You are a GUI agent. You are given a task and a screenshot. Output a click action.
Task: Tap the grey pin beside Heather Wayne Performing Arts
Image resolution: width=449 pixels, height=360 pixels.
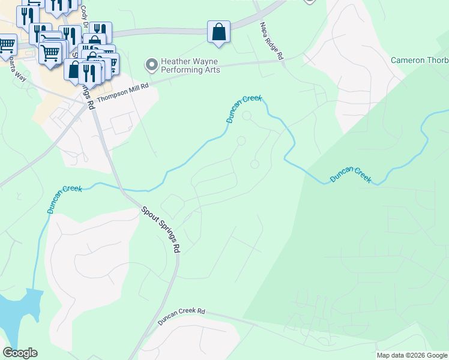151,63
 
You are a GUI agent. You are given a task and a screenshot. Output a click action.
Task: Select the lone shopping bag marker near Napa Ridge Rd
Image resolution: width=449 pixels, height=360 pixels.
219,32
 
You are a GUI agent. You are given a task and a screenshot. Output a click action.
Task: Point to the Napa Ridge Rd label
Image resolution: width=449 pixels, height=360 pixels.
271,41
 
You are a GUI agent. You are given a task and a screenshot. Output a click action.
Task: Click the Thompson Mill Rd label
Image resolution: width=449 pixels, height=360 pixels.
122,93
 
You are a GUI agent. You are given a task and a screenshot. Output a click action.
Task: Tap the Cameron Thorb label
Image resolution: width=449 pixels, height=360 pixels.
419,60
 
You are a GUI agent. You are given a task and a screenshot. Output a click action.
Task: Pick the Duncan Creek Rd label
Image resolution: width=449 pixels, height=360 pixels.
181,317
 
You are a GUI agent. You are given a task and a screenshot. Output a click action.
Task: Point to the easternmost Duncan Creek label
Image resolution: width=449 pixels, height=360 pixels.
351,175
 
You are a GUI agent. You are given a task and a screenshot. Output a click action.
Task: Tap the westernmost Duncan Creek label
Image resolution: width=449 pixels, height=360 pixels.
64,199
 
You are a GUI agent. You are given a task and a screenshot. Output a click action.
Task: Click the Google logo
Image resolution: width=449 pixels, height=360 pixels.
20,353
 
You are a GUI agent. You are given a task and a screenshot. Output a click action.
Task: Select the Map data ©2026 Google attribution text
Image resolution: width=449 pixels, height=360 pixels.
412,355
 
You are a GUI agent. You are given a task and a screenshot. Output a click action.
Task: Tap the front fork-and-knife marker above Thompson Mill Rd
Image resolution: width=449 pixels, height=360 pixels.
90,73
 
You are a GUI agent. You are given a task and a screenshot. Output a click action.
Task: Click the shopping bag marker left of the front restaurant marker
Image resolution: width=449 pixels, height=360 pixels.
74,70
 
